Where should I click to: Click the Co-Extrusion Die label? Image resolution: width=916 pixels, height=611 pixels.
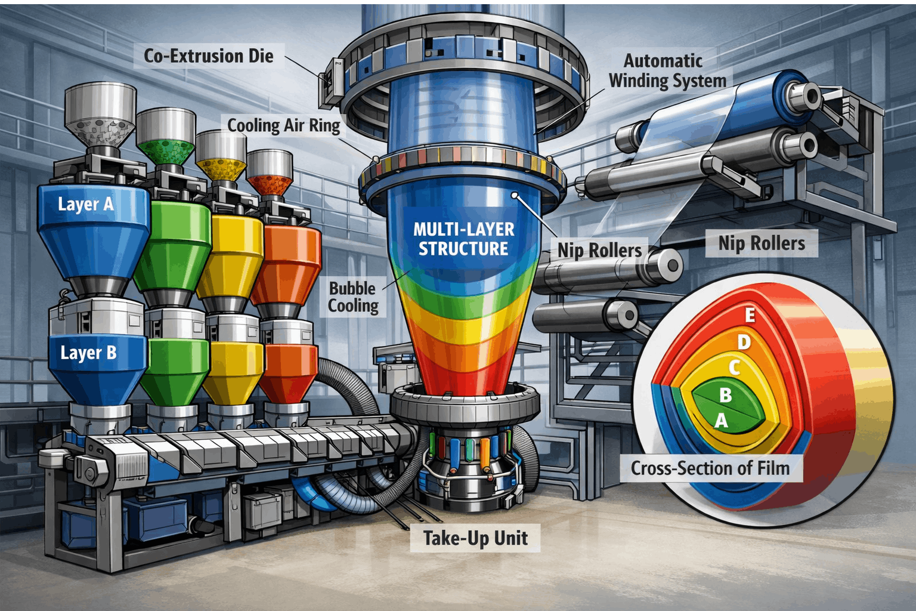pos(209,56)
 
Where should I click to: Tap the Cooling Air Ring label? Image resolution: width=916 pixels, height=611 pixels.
pos(284,125)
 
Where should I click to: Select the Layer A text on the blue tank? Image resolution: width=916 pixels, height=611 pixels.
pos(86,204)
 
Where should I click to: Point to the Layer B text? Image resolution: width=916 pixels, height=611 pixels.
pos(88,353)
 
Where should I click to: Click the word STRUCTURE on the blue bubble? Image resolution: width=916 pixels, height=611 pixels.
pos(463,249)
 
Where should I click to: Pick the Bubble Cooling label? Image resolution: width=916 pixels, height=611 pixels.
pos(353,297)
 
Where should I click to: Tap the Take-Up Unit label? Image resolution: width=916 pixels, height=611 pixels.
pos(475,538)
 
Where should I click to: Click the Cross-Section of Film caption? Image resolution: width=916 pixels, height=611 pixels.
pos(710,468)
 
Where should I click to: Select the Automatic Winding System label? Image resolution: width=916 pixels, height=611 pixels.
pos(667,70)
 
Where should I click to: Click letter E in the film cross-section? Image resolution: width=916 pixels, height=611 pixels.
pos(750,314)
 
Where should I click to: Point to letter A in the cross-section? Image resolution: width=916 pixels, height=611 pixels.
pos(722,421)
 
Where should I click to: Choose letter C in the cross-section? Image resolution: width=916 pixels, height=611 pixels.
pos(735,368)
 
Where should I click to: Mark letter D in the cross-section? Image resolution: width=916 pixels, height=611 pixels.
pos(744,342)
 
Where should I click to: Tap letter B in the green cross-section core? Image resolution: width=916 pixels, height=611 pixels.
pos(726,395)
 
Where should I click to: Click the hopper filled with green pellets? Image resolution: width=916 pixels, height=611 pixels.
pos(166,137)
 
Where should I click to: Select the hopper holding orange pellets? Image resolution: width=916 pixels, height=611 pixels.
pos(270,173)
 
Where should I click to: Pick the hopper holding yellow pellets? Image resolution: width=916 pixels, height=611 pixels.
pos(221,155)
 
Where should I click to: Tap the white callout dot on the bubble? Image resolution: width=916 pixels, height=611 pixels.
pos(515,195)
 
